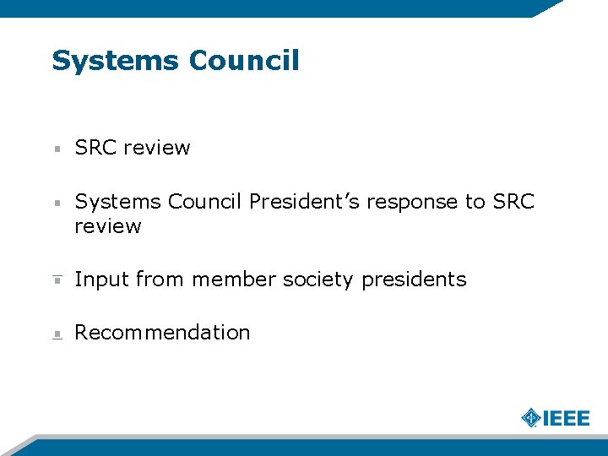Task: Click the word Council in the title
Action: pos(244,61)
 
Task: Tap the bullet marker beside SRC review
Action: pos(57,149)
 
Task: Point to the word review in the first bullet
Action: pos(158,148)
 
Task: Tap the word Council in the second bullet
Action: pos(205,202)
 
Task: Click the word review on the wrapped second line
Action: pos(107,226)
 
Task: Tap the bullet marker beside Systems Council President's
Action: pos(57,203)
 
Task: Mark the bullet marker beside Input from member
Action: pos(57,280)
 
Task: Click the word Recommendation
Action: pos(162,333)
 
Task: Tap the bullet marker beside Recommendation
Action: pos(57,334)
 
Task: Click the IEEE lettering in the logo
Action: pos(565,418)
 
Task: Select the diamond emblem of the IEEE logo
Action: pos(530,418)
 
